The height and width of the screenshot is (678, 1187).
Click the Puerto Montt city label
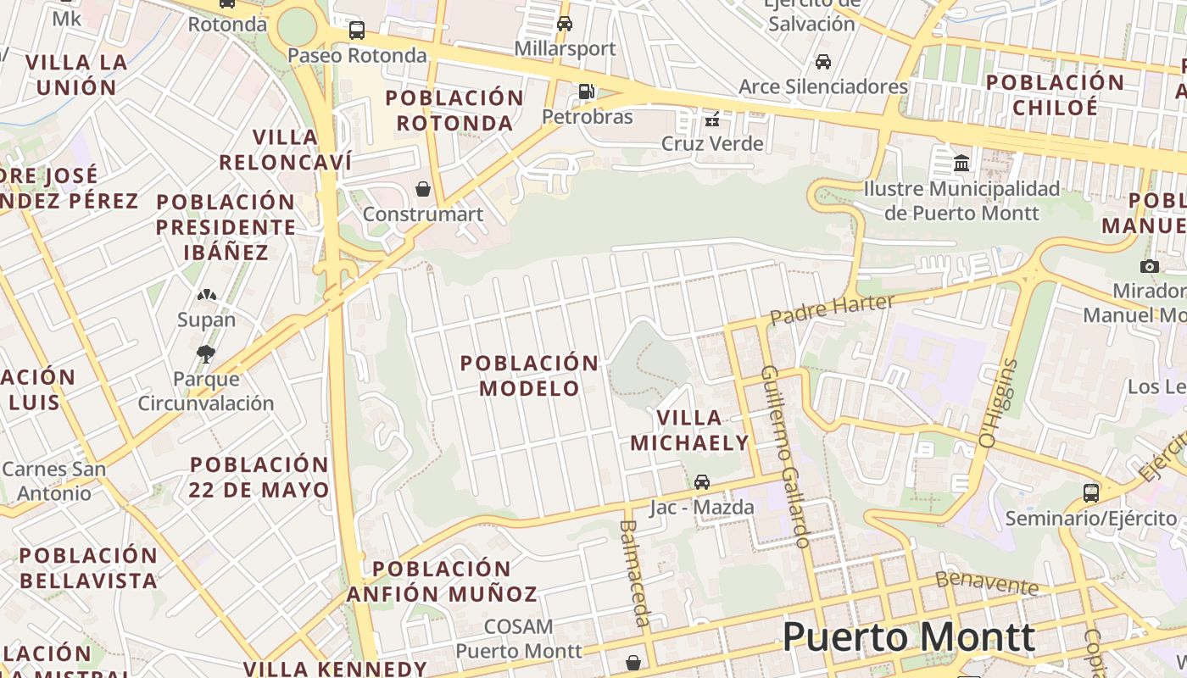(x=908, y=637)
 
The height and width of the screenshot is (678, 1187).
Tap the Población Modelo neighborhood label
(x=530, y=375)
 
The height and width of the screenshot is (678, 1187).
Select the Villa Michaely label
(x=689, y=430)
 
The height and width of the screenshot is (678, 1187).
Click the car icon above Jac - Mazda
(x=702, y=482)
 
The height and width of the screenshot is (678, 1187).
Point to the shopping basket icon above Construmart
(x=422, y=188)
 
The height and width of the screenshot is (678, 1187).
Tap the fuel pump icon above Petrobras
(x=586, y=91)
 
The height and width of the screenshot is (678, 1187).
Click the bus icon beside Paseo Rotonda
(x=357, y=31)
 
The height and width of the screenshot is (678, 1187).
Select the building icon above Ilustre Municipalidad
(x=961, y=162)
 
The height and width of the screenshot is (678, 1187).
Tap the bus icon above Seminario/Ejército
(x=1090, y=492)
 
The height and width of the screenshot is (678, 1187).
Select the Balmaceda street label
(x=635, y=572)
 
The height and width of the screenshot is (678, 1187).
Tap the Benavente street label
(x=987, y=582)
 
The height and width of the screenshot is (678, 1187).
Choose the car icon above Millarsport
(x=565, y=23)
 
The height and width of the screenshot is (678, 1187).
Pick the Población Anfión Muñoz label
(x=442, y=581)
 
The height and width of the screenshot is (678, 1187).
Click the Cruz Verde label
(x=712, y=143)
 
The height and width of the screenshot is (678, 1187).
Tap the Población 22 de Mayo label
(x=259, y=477)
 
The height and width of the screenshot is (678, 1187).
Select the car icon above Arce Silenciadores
(x=822, y=61)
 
